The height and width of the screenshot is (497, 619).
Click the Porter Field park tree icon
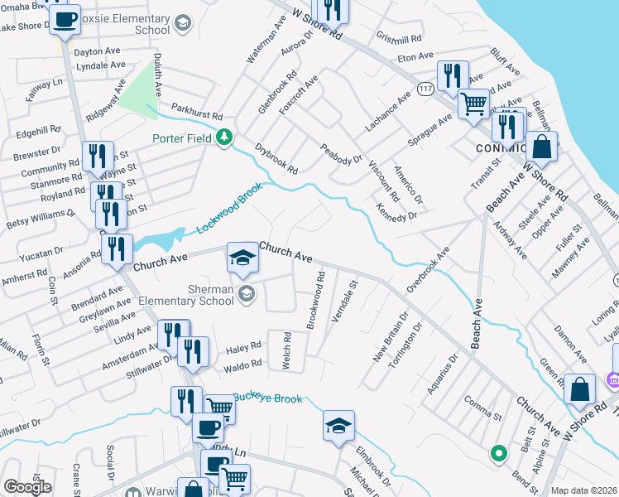pyautogui.click(x=223, y=137)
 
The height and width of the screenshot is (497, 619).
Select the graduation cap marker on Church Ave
pyautogui.click(x=242, y=259)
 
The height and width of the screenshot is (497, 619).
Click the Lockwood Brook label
pyautogui.click(x=229, y=208)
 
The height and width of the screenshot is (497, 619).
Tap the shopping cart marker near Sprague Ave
pyautogui.click(x=473, y=105)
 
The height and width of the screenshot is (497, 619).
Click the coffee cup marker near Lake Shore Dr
pyautogui.click(x=65, y=19)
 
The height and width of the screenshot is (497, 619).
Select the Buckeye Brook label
pyautogui.click(x=267, y=398)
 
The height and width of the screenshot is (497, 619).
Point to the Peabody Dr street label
pyautogui.click(x=342, y=152)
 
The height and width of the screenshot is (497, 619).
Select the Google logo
pyautogui.click(x=27, y=487)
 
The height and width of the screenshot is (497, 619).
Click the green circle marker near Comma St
pyautogui.click(x=498, y=453)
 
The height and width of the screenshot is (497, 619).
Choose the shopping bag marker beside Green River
pyautogui.click(x=581, y=390)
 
